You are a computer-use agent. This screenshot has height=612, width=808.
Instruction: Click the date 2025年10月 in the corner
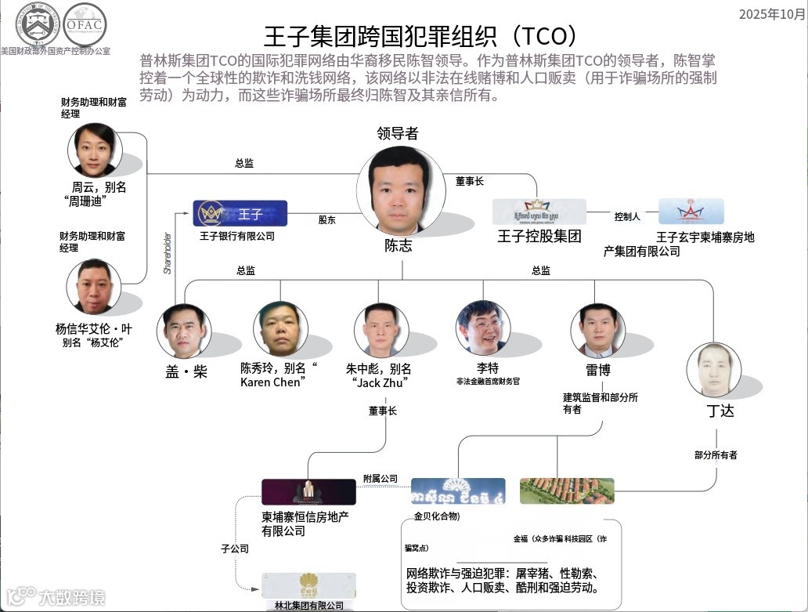771,14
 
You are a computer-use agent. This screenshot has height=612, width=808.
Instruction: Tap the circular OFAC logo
85,25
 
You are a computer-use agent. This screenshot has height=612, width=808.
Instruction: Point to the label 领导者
397,133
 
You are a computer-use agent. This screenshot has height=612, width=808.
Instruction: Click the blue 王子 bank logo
240,213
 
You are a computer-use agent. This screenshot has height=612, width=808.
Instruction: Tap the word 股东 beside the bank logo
326,220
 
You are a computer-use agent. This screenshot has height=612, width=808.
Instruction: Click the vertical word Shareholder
167,251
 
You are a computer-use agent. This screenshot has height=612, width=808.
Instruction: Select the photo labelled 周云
95,150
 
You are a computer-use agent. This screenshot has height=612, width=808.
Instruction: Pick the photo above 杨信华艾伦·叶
93,286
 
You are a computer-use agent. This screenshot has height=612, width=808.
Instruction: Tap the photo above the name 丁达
713,368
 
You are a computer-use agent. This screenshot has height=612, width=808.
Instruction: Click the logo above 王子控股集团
539,212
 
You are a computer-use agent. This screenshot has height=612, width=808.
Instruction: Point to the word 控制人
627,216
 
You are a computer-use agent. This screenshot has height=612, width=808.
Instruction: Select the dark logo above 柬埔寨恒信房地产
308,491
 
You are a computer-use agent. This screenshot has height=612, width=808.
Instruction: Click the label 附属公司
381,478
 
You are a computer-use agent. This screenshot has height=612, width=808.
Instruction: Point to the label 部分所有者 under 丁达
716,454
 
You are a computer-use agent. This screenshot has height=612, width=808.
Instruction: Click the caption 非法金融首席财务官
488,381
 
